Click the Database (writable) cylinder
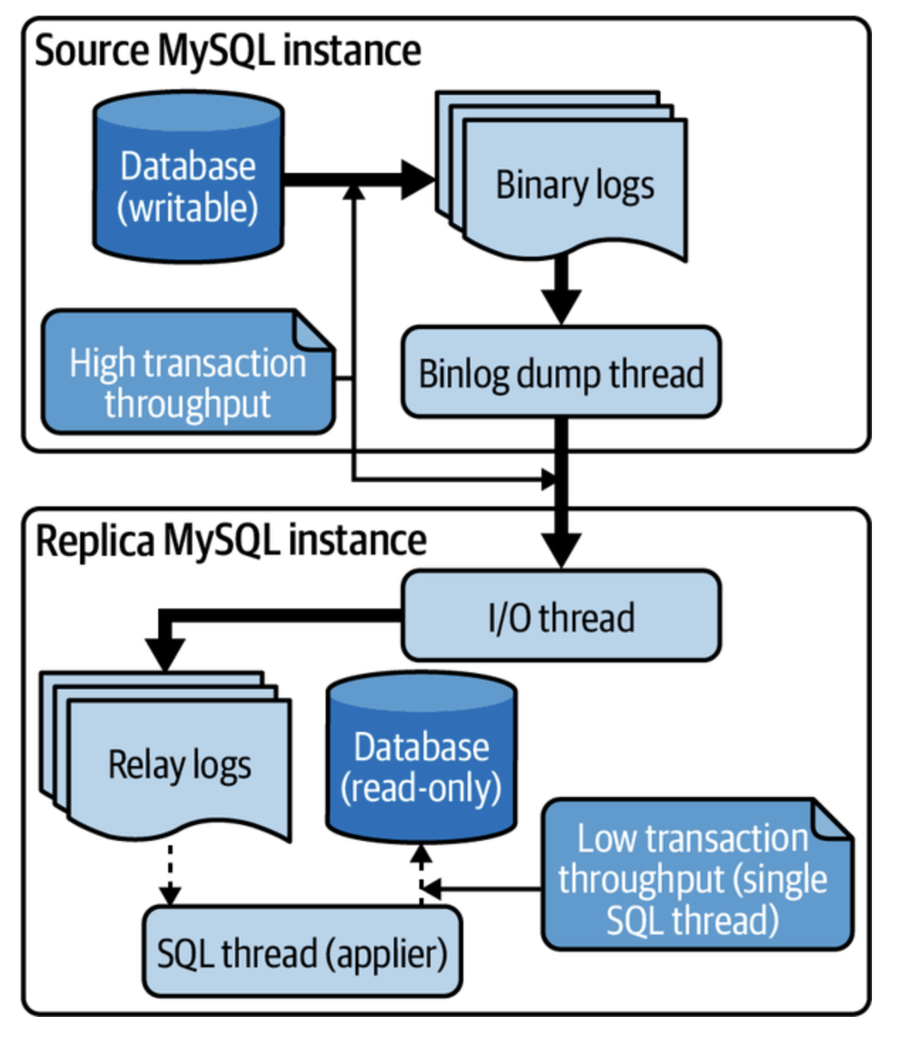click(188, 177)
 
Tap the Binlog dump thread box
click(561, 372)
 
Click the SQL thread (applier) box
click(302, 952)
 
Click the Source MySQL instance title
click(228, 50)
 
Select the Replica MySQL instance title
click(231, 540)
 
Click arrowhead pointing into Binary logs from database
click(417, 179)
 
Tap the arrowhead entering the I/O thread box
click(561, 550)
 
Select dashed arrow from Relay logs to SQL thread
click(170, 874)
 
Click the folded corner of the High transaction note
click(313, 330)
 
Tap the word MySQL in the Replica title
click(223, 540)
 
